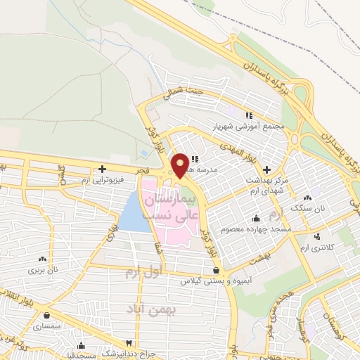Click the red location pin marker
tap(180, 166)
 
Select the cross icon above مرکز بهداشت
tap(266, 169)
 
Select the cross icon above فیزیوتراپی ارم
tap(103, 169)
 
